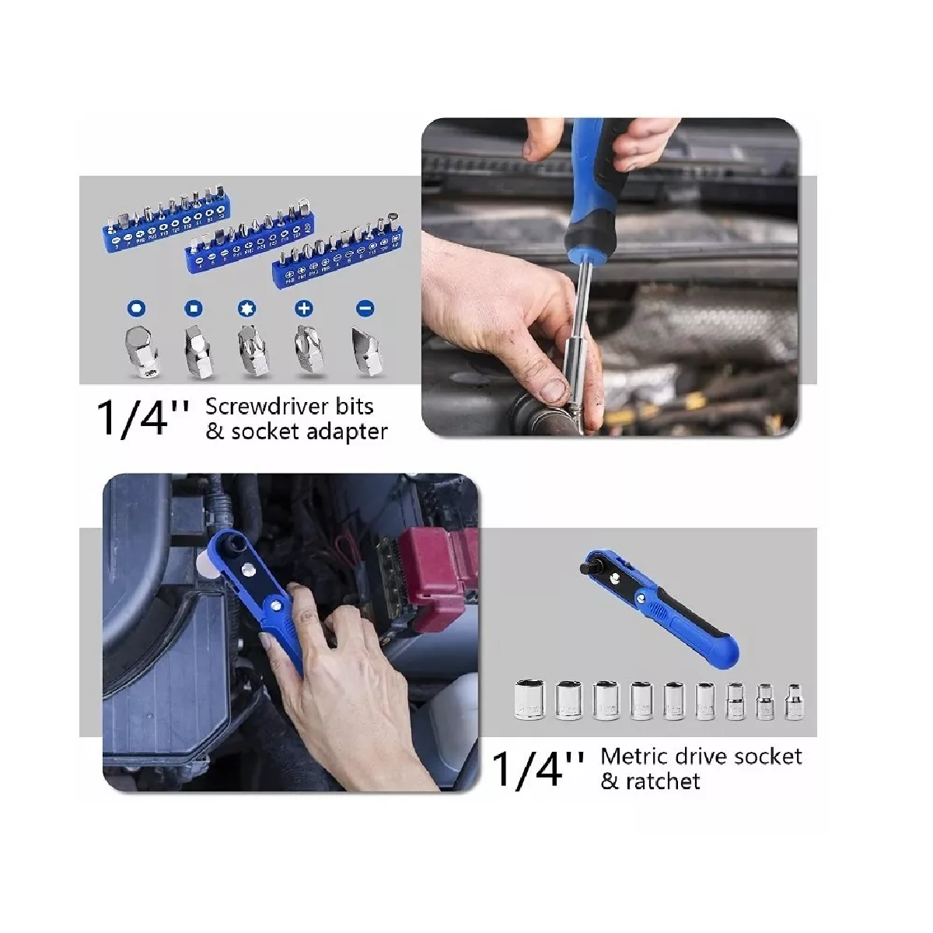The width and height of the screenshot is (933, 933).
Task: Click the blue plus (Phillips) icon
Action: tap(304, 309)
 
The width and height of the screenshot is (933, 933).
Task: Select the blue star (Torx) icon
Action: tap(247, 309)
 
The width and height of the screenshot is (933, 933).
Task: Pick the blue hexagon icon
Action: tap(137, 309)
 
